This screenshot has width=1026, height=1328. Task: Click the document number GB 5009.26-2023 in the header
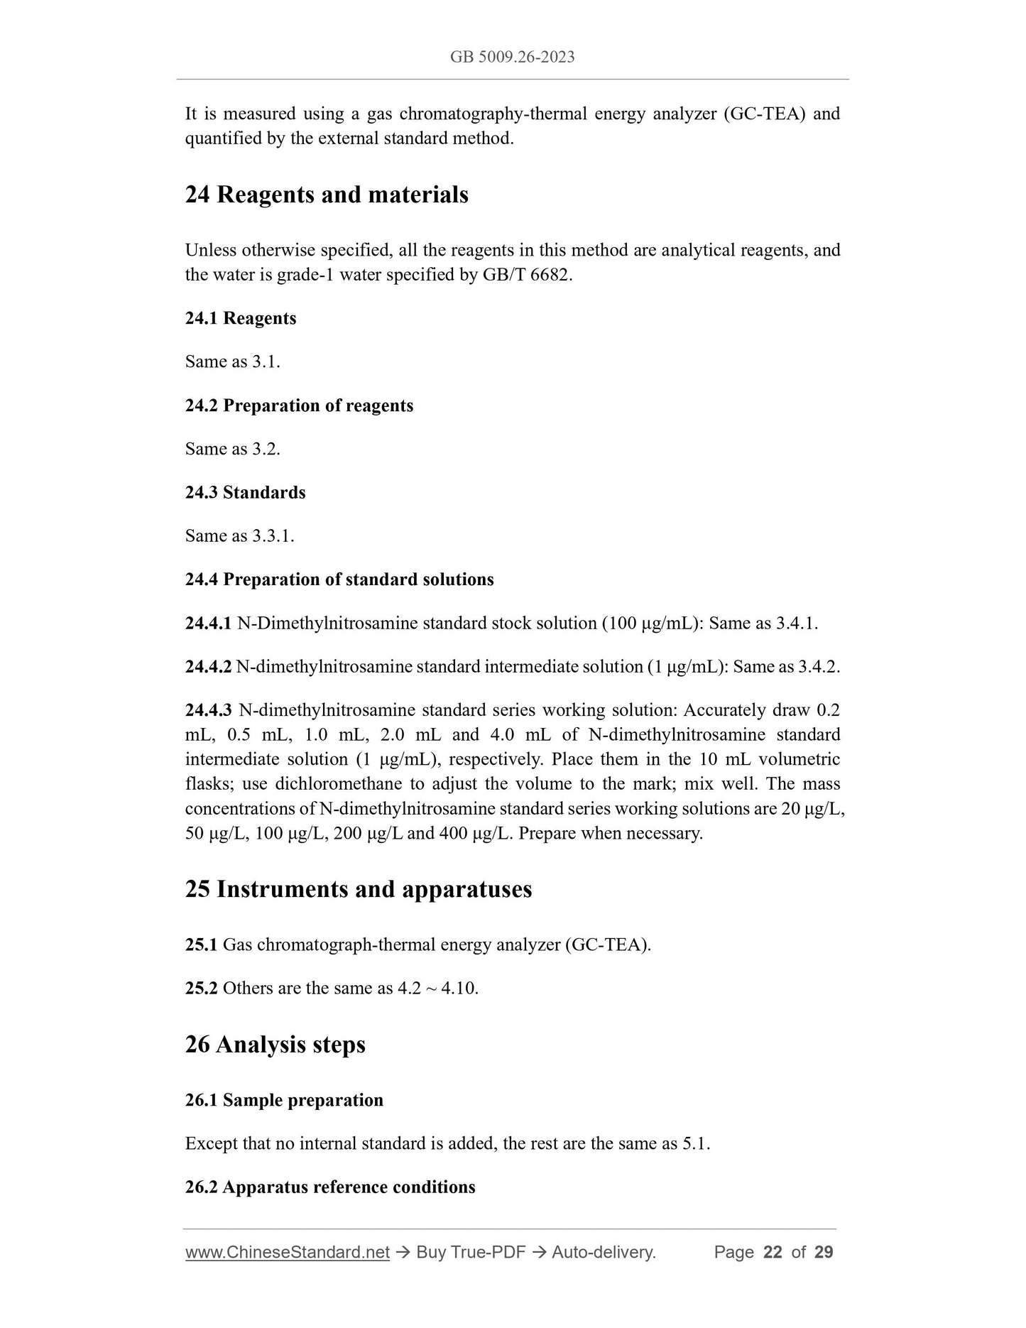click(512, 57)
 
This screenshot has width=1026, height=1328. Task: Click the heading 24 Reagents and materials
click(327, 195)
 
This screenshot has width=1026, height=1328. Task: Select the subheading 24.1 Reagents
click(241, 318)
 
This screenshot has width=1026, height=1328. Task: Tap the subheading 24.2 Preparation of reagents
click(299, 406)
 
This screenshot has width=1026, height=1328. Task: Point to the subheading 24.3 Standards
click(245, 492)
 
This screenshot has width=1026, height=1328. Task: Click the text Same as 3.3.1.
click(239, 535)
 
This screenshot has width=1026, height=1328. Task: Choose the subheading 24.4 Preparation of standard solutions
click(339, 579)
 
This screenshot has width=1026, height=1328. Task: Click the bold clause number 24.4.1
click(208, 624)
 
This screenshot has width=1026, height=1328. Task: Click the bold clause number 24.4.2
click(208, 667)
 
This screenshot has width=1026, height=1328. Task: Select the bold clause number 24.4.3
click(208, 710)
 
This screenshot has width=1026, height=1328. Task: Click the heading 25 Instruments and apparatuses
click(359, 889)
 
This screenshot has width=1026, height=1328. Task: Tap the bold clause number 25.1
click(201, 945)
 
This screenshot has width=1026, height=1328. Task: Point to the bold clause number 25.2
click(201, 988)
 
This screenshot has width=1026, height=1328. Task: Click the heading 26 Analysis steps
click(275, 1045)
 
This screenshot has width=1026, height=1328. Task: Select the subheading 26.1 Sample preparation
click(284, 1100)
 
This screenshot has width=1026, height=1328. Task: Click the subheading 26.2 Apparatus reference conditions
click(330, 1187)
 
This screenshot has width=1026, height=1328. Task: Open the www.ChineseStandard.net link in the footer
click(288, 1253)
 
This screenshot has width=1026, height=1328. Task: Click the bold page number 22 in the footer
click(773, 1253)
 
